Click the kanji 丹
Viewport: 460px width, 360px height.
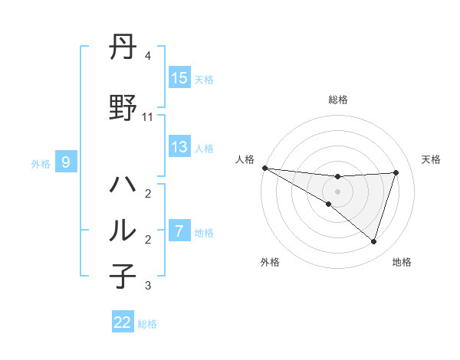coord(123,48)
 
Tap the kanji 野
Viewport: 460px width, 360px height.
coord(123,108)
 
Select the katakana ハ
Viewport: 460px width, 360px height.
coord(123,185)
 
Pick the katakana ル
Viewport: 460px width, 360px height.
coord(123,231)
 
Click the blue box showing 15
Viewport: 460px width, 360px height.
coord(179,78)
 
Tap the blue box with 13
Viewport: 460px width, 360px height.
coord(179,146)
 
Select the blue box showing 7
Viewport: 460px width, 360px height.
coord(179,231)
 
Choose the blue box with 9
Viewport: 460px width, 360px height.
coord(66,162)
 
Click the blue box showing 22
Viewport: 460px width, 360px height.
coord(123,322)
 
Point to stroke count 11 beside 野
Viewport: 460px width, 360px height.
coord(148,117)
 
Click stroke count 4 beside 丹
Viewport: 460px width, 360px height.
coord(148,56)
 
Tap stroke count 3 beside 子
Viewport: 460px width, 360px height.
coord(148,286)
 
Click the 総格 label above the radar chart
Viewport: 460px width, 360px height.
coord(338,100)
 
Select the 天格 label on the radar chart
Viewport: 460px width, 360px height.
coord(432,159)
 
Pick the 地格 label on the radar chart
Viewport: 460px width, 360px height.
coord(402,262)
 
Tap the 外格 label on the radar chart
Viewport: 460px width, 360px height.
coord(270,262)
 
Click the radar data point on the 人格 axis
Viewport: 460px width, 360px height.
coord(264,167)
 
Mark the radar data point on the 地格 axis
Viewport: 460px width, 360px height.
coord(373,241)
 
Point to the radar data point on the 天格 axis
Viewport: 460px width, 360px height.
coord(396,172)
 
